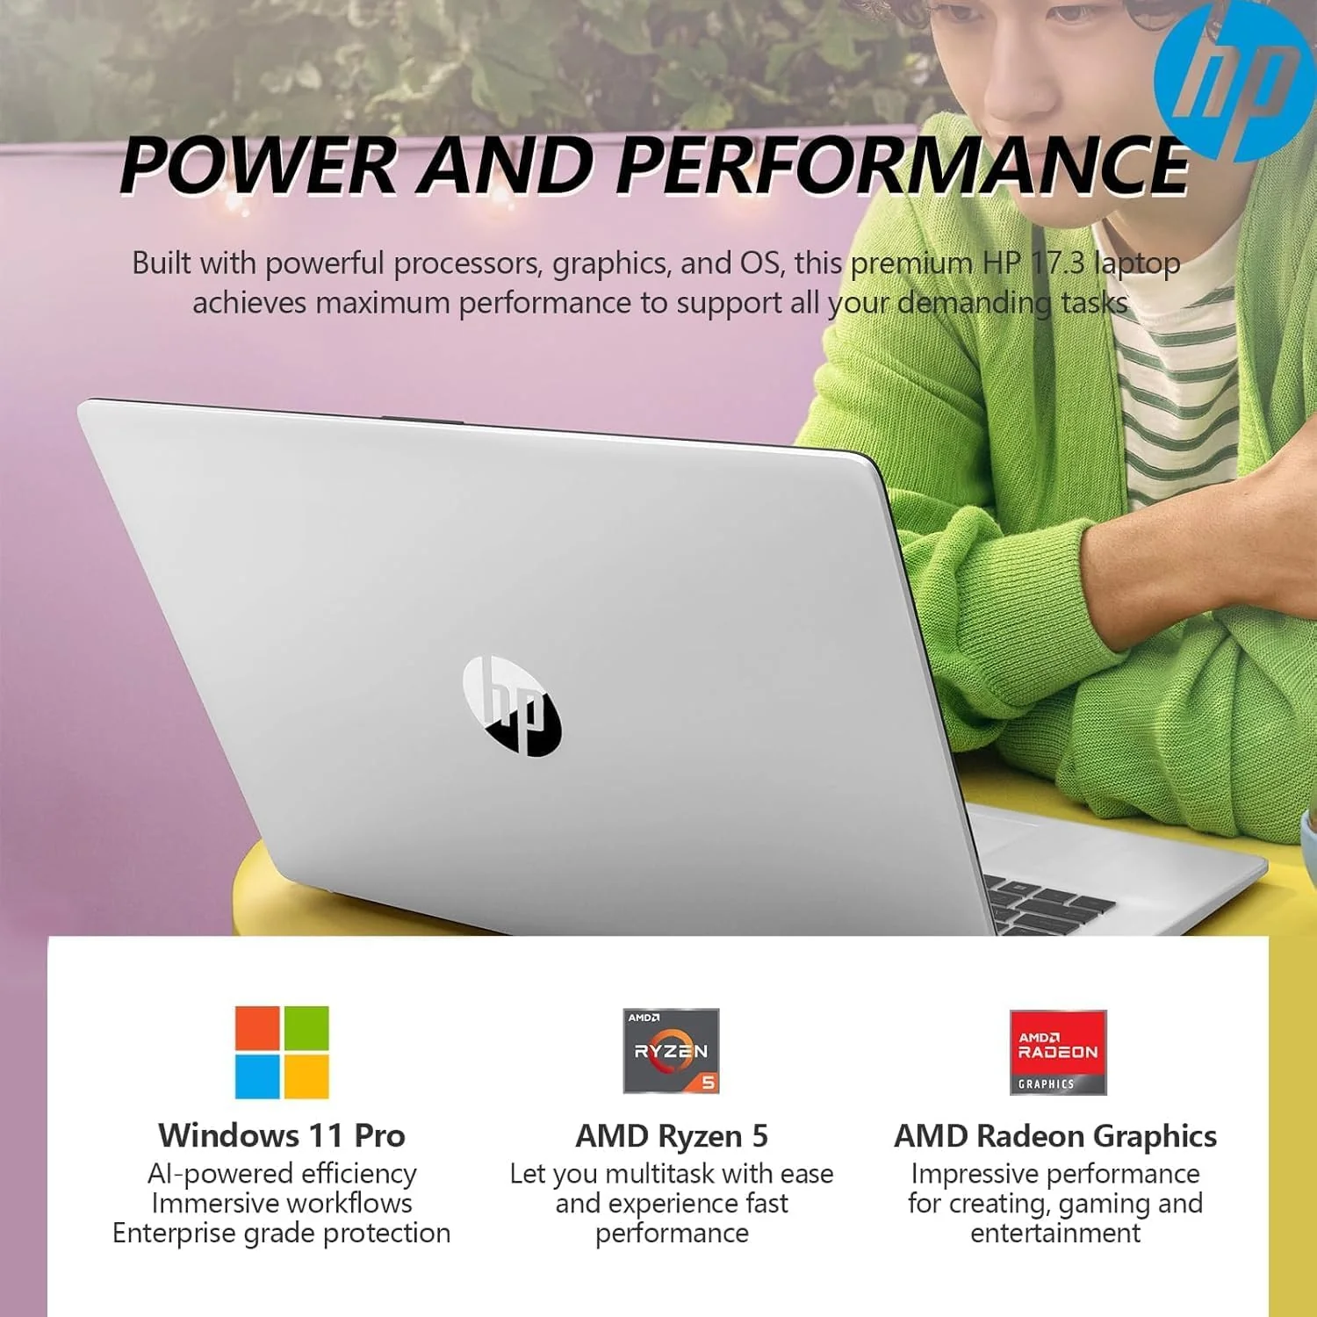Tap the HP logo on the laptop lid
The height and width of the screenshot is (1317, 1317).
pyautogui.click(x=512, y=706)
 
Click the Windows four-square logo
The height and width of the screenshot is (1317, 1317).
pyautogui.click(x=282, y=1052)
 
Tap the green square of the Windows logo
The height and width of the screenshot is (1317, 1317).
pyautogui.click(x=306, y=1028)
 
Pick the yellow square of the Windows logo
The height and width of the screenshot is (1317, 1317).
pyautogui.click(x=306, y=1076)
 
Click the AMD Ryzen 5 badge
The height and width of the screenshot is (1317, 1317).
pyautogui.click(x=671, y=1051)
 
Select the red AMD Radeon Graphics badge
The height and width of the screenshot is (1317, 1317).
pyautogui.click(x=1058, y=1052)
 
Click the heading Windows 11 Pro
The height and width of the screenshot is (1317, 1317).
pyautogui.click(x=282, y=1135)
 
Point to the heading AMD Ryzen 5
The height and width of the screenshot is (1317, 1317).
pyautogui.click(x=672, y=1136)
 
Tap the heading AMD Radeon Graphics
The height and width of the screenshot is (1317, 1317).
pyautogui.click(x=1055, y=1136)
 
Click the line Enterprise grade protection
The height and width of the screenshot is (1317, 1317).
pyautogui.click(x=282, y=1234)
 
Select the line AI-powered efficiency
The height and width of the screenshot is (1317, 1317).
pyautogui.click(x=282, y=1174)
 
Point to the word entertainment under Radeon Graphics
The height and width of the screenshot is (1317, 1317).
pyautogui.click(x=1055, y=1234)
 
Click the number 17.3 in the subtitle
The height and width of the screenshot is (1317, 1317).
pyautogui.click(x=1056, y=263)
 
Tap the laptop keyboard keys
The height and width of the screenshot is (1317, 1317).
pyautogui.click(x=1049, y=904)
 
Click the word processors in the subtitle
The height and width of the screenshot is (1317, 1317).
pyautogui.click(x=470, y=263)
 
